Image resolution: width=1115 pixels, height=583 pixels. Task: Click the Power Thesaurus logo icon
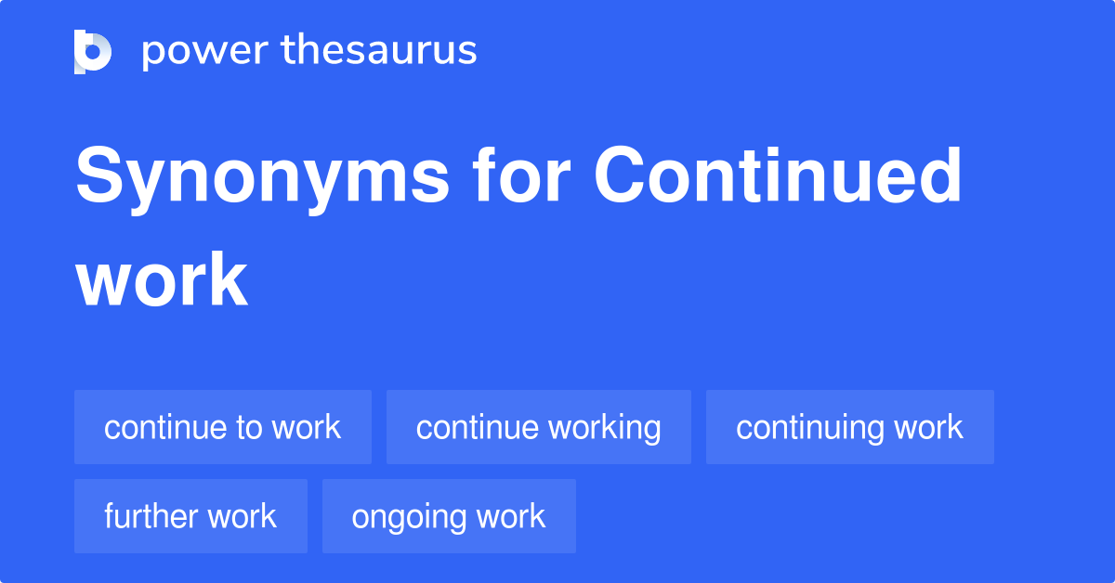pos(93,51)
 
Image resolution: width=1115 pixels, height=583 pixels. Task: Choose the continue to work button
pos(223,427)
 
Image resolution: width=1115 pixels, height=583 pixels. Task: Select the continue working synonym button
pos(539,427)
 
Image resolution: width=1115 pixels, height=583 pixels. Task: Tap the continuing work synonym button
pos(850,427)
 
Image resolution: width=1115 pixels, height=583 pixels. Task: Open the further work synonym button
pos(190,516)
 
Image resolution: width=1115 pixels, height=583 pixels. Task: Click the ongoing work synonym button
pos(449,516)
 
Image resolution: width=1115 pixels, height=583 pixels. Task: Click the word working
pos(605,428)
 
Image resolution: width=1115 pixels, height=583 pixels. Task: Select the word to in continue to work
pos(248,428)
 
